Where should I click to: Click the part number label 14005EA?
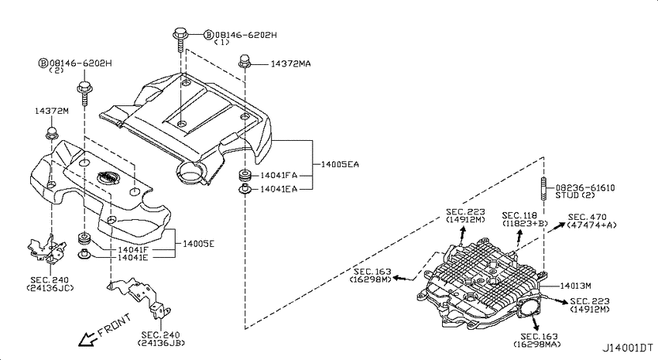tap(340, 164)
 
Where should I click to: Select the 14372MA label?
tap(290, 63)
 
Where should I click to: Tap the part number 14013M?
tap(575, 286)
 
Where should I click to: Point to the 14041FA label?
tap(279, 176)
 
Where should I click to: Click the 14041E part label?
tap(132, 257)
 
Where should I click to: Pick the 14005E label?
tap(198, 244)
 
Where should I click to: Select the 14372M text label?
tap(52, 111)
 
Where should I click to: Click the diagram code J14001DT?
tap(628, 348)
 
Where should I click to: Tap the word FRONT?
tap(114, 325)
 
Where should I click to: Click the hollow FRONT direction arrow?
tap(87, 339)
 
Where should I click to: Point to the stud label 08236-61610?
tap(585, 188)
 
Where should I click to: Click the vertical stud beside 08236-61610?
tap(543, 190)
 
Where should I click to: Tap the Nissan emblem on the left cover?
tap(108, 177)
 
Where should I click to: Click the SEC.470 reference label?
tap(587, 218)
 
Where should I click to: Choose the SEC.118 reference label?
tap(520, 216)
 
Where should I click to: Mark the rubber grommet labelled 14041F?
tap(85, 239)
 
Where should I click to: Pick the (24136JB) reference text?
tap(161, 343)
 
